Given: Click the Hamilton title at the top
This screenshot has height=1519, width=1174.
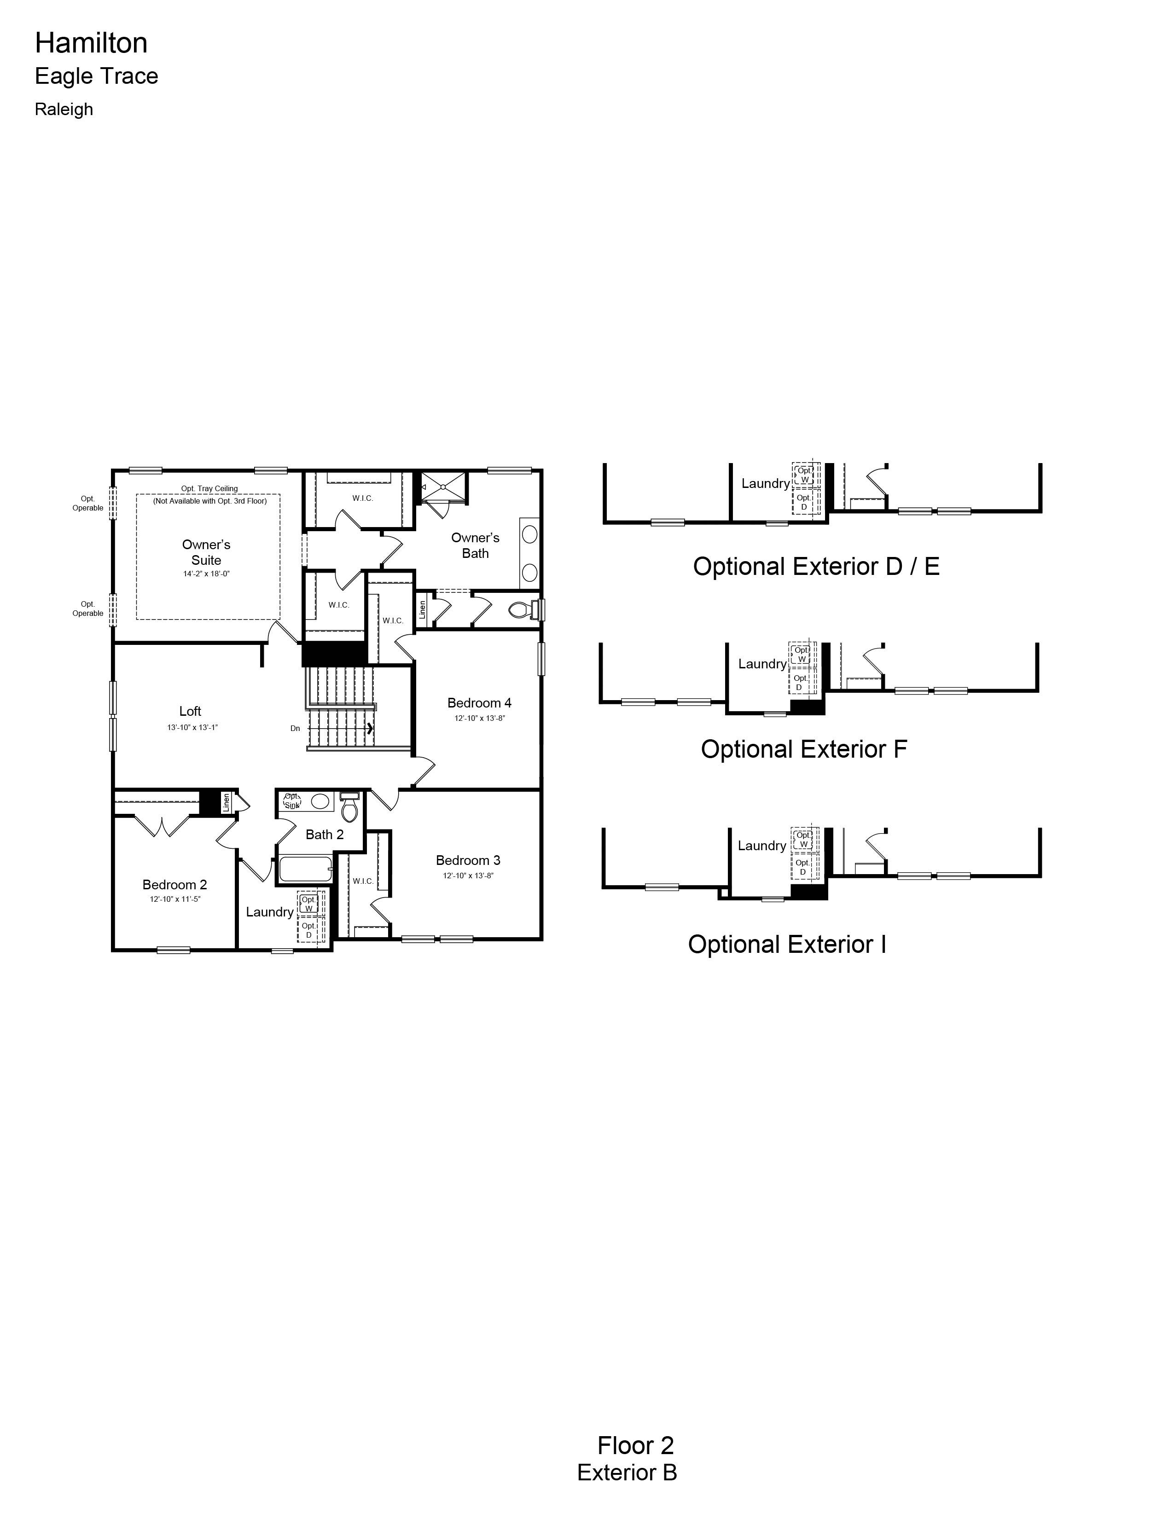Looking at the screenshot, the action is [x=91, y=43].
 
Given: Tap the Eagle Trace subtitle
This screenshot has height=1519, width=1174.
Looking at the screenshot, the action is [x=97, y=76].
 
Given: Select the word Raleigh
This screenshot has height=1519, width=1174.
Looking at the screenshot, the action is [x=64, y=109].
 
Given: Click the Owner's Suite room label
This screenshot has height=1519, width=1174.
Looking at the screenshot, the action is [x=207, y=552].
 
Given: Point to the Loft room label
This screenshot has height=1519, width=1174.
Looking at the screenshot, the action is [x=190, y=711].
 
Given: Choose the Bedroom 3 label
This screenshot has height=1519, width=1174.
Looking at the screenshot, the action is [x=468, y=860].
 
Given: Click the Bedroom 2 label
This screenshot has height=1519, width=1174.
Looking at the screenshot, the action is [x=174, y=885].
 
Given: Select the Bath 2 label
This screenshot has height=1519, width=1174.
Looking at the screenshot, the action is [x=325, y=835].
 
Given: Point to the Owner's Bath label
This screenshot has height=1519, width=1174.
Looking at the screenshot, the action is [x=476, y=545].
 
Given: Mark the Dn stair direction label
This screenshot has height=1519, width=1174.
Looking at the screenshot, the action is [x=295, y=728].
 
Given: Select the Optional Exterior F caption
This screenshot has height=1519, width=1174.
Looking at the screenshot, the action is [x=804, y=749].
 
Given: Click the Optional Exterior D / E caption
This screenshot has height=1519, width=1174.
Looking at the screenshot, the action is [x=816, y=566].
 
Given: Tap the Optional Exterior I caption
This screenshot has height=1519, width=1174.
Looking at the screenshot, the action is [x=787, y=944].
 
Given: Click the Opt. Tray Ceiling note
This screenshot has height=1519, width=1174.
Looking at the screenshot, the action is [x=209, y=488].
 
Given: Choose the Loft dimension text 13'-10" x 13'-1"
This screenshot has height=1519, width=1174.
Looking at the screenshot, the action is [x=192, y=727].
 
